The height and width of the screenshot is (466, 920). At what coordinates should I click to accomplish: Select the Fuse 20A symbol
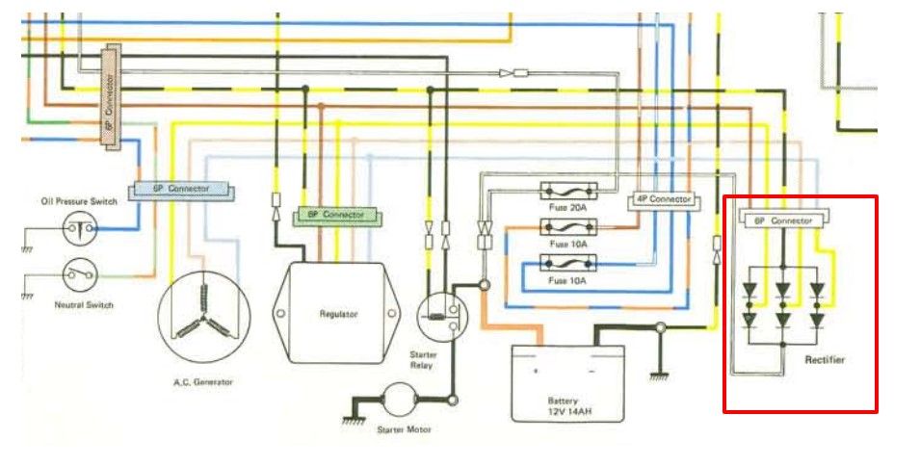(570, 191)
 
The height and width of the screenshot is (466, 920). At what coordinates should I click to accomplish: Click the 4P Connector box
(663, 199)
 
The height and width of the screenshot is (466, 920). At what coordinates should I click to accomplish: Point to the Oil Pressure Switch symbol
(78, 227)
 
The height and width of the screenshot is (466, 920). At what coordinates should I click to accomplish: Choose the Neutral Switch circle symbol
(78, 275)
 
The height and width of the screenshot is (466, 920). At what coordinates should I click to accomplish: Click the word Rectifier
(825, 359)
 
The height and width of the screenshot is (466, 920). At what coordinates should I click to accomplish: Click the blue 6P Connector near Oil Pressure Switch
(182, 189)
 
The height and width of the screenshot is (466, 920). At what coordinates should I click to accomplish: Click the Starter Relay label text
(421, 359)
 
